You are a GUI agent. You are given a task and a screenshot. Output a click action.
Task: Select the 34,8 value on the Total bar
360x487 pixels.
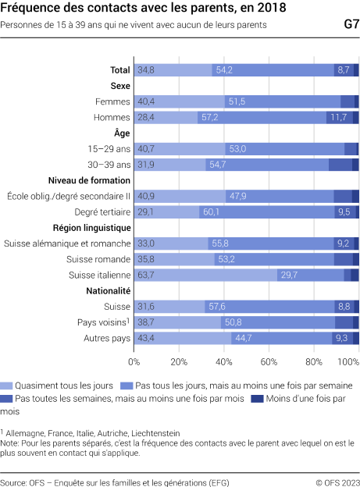point(144,70)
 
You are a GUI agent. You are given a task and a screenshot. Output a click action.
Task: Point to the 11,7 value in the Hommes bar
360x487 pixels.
point(337,117)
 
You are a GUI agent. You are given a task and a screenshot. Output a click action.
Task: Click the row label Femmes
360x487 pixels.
point(112,101)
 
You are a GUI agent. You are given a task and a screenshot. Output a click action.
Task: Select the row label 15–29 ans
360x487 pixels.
point(109,148)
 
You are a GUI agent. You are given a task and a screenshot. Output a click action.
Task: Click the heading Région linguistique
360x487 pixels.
point(91,227)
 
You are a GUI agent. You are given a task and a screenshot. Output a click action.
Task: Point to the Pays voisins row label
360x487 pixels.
point(105,322)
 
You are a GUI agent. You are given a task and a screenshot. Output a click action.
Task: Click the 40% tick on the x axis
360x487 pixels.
point(224,362)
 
